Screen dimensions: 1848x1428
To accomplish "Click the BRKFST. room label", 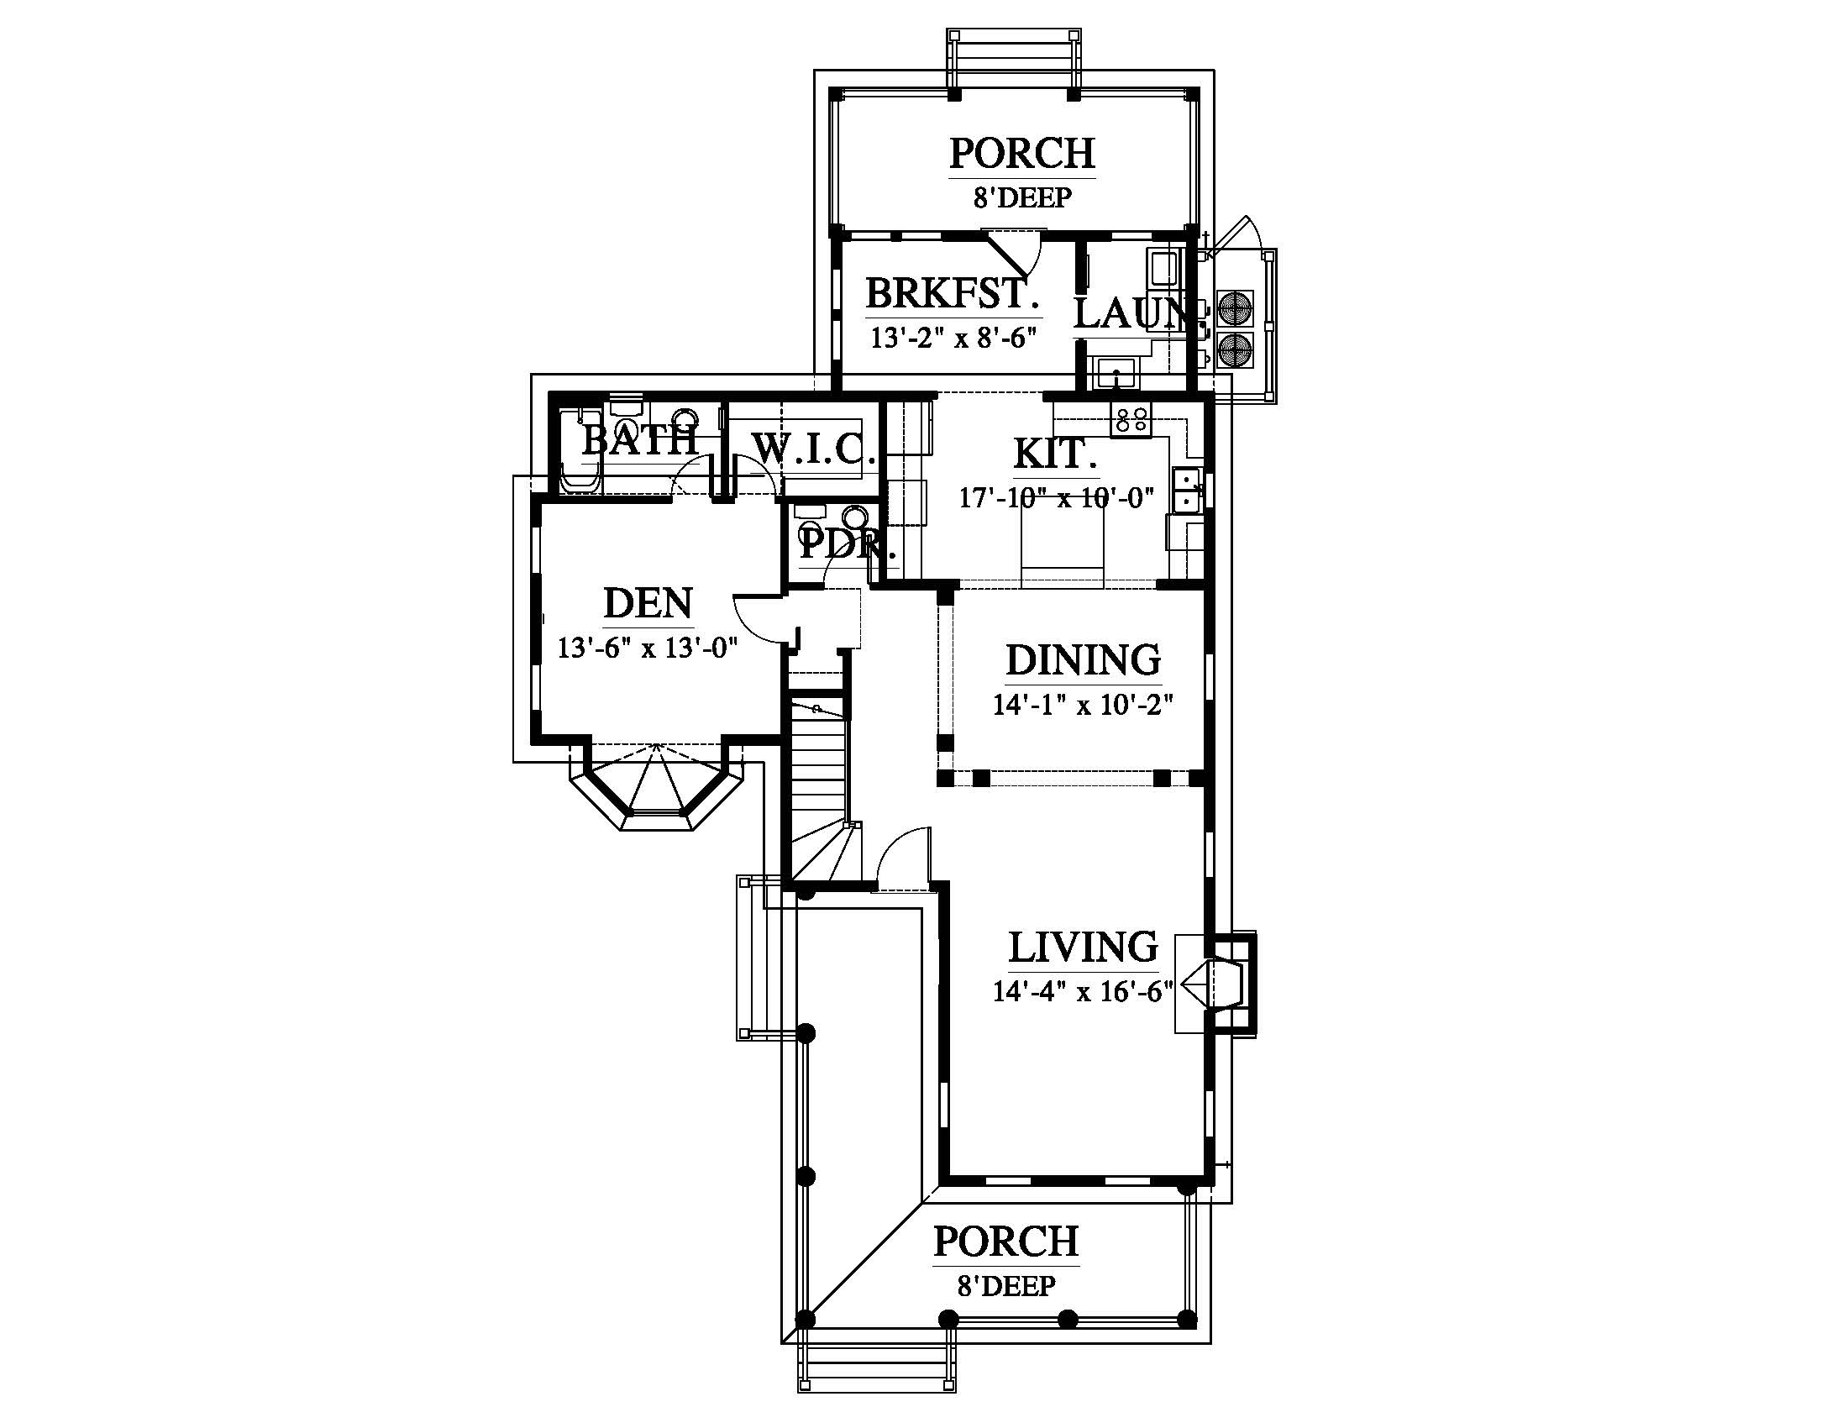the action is pos(953,294).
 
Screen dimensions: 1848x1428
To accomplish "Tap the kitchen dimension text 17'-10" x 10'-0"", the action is pos(1057,497).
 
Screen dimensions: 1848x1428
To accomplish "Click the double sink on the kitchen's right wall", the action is pos(1187,490).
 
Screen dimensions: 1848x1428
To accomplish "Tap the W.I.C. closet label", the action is pos(814,449).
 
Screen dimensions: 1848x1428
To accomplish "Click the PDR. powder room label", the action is pos(847,545).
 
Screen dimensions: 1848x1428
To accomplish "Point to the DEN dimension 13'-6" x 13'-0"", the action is pos(648,648).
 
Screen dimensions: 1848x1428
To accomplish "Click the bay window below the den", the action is pos(657,787).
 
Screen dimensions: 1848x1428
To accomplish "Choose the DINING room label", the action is pos(1083,660).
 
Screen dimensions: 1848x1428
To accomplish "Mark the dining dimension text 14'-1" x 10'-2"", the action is pos(1083,705).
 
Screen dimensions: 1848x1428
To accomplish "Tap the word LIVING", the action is pos(1083,948).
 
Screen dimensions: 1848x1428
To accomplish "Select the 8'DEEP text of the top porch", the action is pos(1022,198).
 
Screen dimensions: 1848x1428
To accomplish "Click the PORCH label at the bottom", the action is pos(1006,1242).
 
